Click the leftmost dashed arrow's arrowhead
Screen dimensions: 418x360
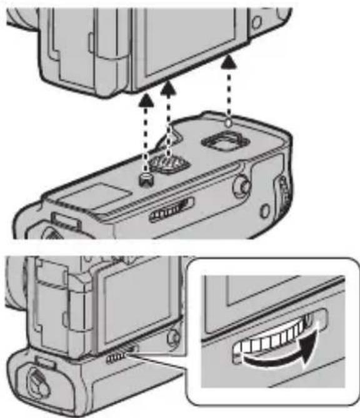[x=146, y=101]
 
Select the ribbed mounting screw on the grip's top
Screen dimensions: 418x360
[x=169, y=165]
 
